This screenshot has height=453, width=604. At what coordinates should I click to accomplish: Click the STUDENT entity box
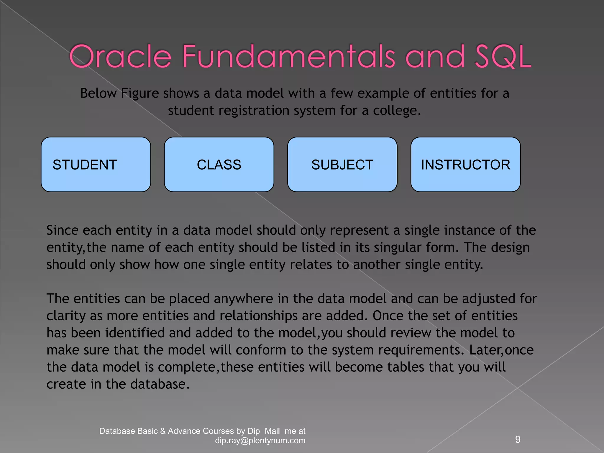[96, 165]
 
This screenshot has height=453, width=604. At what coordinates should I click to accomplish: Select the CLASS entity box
[219, 165]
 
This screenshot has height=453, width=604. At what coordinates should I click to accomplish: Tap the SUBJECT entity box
[342, 165]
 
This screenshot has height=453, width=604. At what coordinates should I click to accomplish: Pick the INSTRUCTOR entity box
[465, 165]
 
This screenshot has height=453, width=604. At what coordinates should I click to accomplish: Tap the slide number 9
[518, 439]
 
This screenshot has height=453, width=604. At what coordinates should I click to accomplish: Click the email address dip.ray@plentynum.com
[260, 441]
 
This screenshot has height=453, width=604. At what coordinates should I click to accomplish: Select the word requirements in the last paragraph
[419, 350]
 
